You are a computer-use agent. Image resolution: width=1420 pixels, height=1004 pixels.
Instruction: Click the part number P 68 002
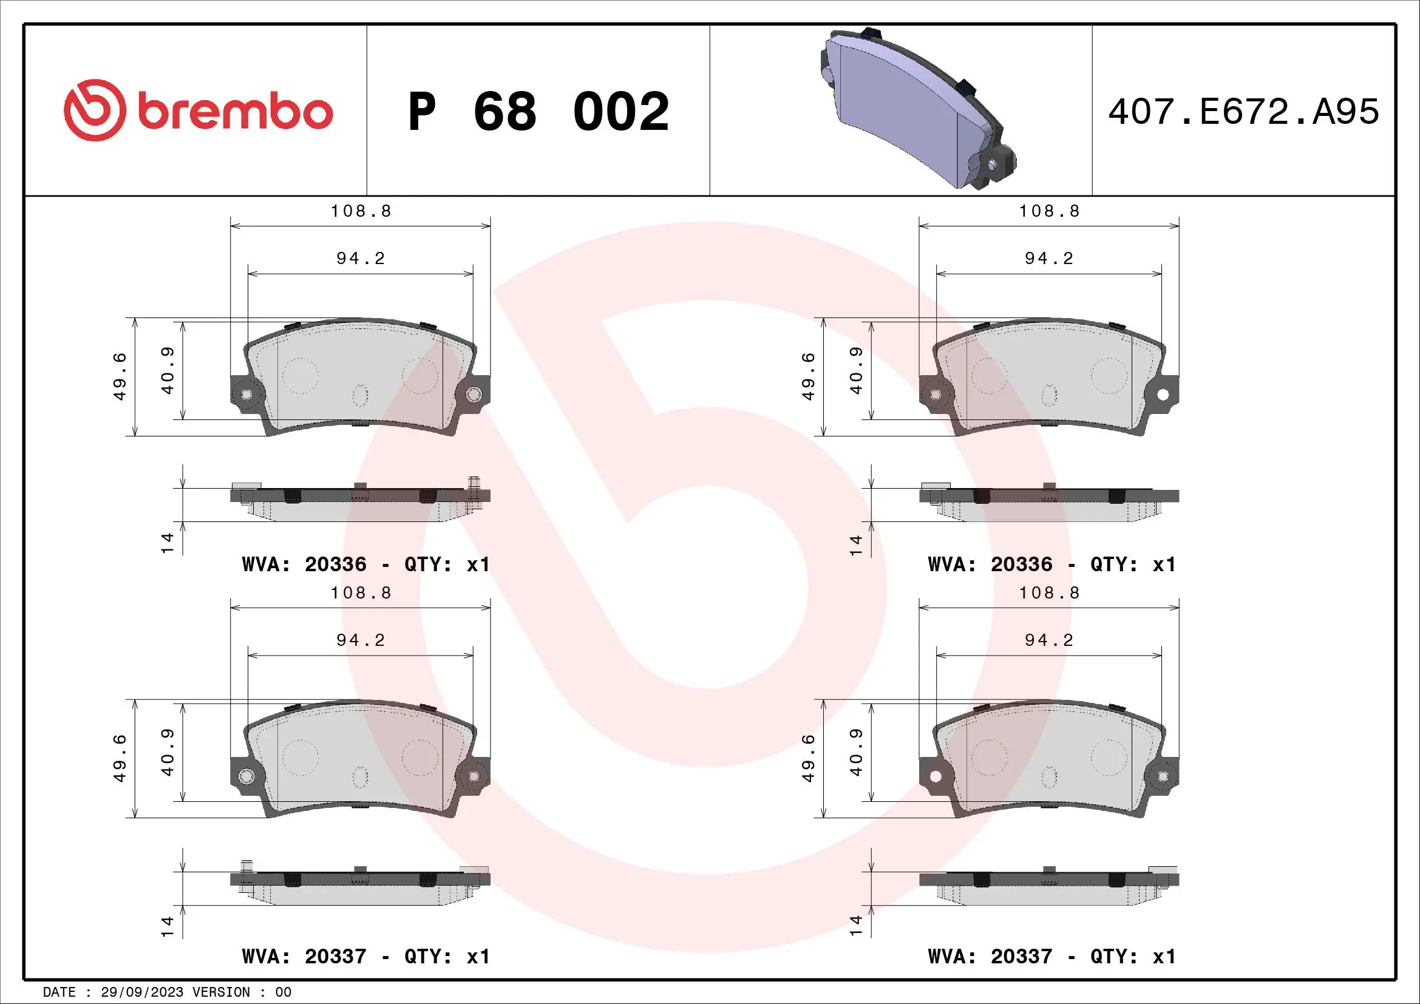538,112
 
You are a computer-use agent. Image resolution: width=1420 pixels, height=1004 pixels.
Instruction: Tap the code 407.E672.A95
1243,112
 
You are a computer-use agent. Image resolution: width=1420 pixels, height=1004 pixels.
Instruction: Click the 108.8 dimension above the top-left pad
361,211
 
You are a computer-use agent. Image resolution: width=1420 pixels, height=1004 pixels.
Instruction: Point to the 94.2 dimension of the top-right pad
1049,259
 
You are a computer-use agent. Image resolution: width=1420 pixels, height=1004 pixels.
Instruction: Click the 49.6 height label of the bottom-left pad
120,758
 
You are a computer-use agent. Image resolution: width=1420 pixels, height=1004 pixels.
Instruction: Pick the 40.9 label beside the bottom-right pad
856,752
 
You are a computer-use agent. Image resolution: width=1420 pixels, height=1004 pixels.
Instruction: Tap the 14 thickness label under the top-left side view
168,543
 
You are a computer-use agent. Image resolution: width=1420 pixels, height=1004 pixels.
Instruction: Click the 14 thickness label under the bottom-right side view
856,925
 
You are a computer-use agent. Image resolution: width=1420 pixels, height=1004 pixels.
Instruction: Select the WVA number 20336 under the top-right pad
1021,565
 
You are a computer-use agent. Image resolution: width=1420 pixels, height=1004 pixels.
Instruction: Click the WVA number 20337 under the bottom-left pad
335,957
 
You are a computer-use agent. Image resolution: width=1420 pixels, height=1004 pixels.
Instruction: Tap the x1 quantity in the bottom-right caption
1164,957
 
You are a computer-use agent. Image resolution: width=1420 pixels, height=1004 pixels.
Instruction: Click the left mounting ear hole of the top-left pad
246,395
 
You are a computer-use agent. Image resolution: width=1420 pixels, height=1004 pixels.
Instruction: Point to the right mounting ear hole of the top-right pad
1162,395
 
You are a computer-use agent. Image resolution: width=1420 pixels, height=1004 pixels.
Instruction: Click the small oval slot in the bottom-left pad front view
360,777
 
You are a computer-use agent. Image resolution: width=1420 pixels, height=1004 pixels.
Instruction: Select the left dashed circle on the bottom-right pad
989,758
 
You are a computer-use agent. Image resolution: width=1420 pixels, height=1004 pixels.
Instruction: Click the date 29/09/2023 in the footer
141,992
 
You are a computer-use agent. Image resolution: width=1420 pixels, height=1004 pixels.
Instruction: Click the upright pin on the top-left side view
474,493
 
